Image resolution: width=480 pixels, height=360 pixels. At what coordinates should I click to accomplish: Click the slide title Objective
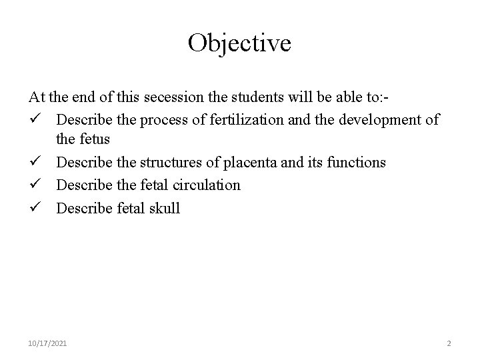(x=239, y=43)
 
